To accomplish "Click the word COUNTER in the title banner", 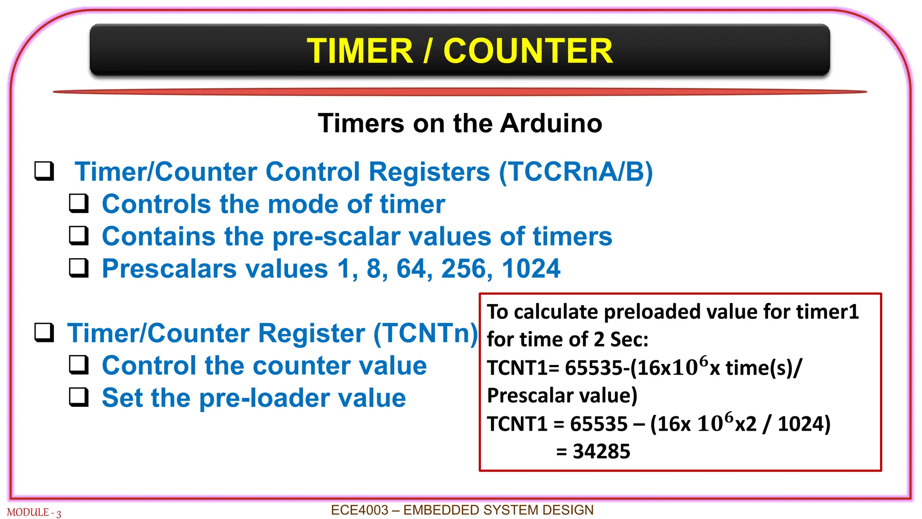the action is click(528, 51).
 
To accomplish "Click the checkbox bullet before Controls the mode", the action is click(79, 203).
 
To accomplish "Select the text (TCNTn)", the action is click(425, 333).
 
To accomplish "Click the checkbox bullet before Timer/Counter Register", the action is click(45, 332).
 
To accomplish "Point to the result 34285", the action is click(601, 451).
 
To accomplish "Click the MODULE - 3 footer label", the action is click(34, 513).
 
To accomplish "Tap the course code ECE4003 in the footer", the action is click(359, 510).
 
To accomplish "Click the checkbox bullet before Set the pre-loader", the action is click(79, 397).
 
